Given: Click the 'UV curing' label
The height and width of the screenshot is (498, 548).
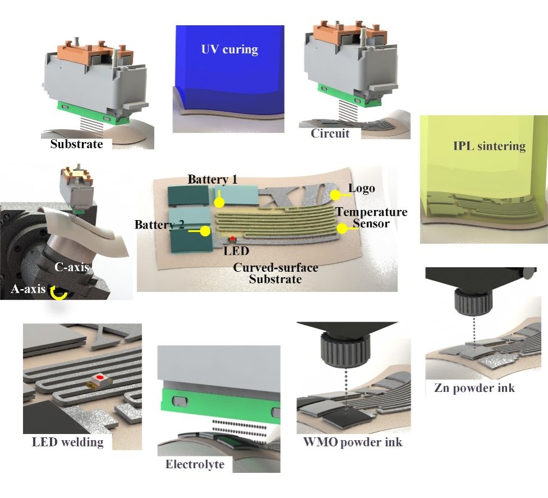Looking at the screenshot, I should tap(229, 49).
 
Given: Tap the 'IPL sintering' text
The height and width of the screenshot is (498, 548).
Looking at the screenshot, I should tap(490, 147).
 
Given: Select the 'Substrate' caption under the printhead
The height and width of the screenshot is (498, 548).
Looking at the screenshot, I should tap(76, 144).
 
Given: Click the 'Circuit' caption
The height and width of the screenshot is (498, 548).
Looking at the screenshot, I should tap(330, 134).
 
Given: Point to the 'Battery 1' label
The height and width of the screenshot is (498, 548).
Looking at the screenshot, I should tap(212, 180).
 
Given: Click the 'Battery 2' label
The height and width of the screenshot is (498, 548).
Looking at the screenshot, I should tap(159, 225).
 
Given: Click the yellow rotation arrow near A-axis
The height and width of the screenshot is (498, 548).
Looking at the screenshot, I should tap(59, 293).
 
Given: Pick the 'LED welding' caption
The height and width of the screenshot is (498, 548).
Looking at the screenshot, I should tap(67, 442).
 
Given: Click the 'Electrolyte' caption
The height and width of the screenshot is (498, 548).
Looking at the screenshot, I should tap(195, 464).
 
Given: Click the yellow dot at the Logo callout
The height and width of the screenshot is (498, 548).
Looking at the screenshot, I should tap(335, 195).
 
